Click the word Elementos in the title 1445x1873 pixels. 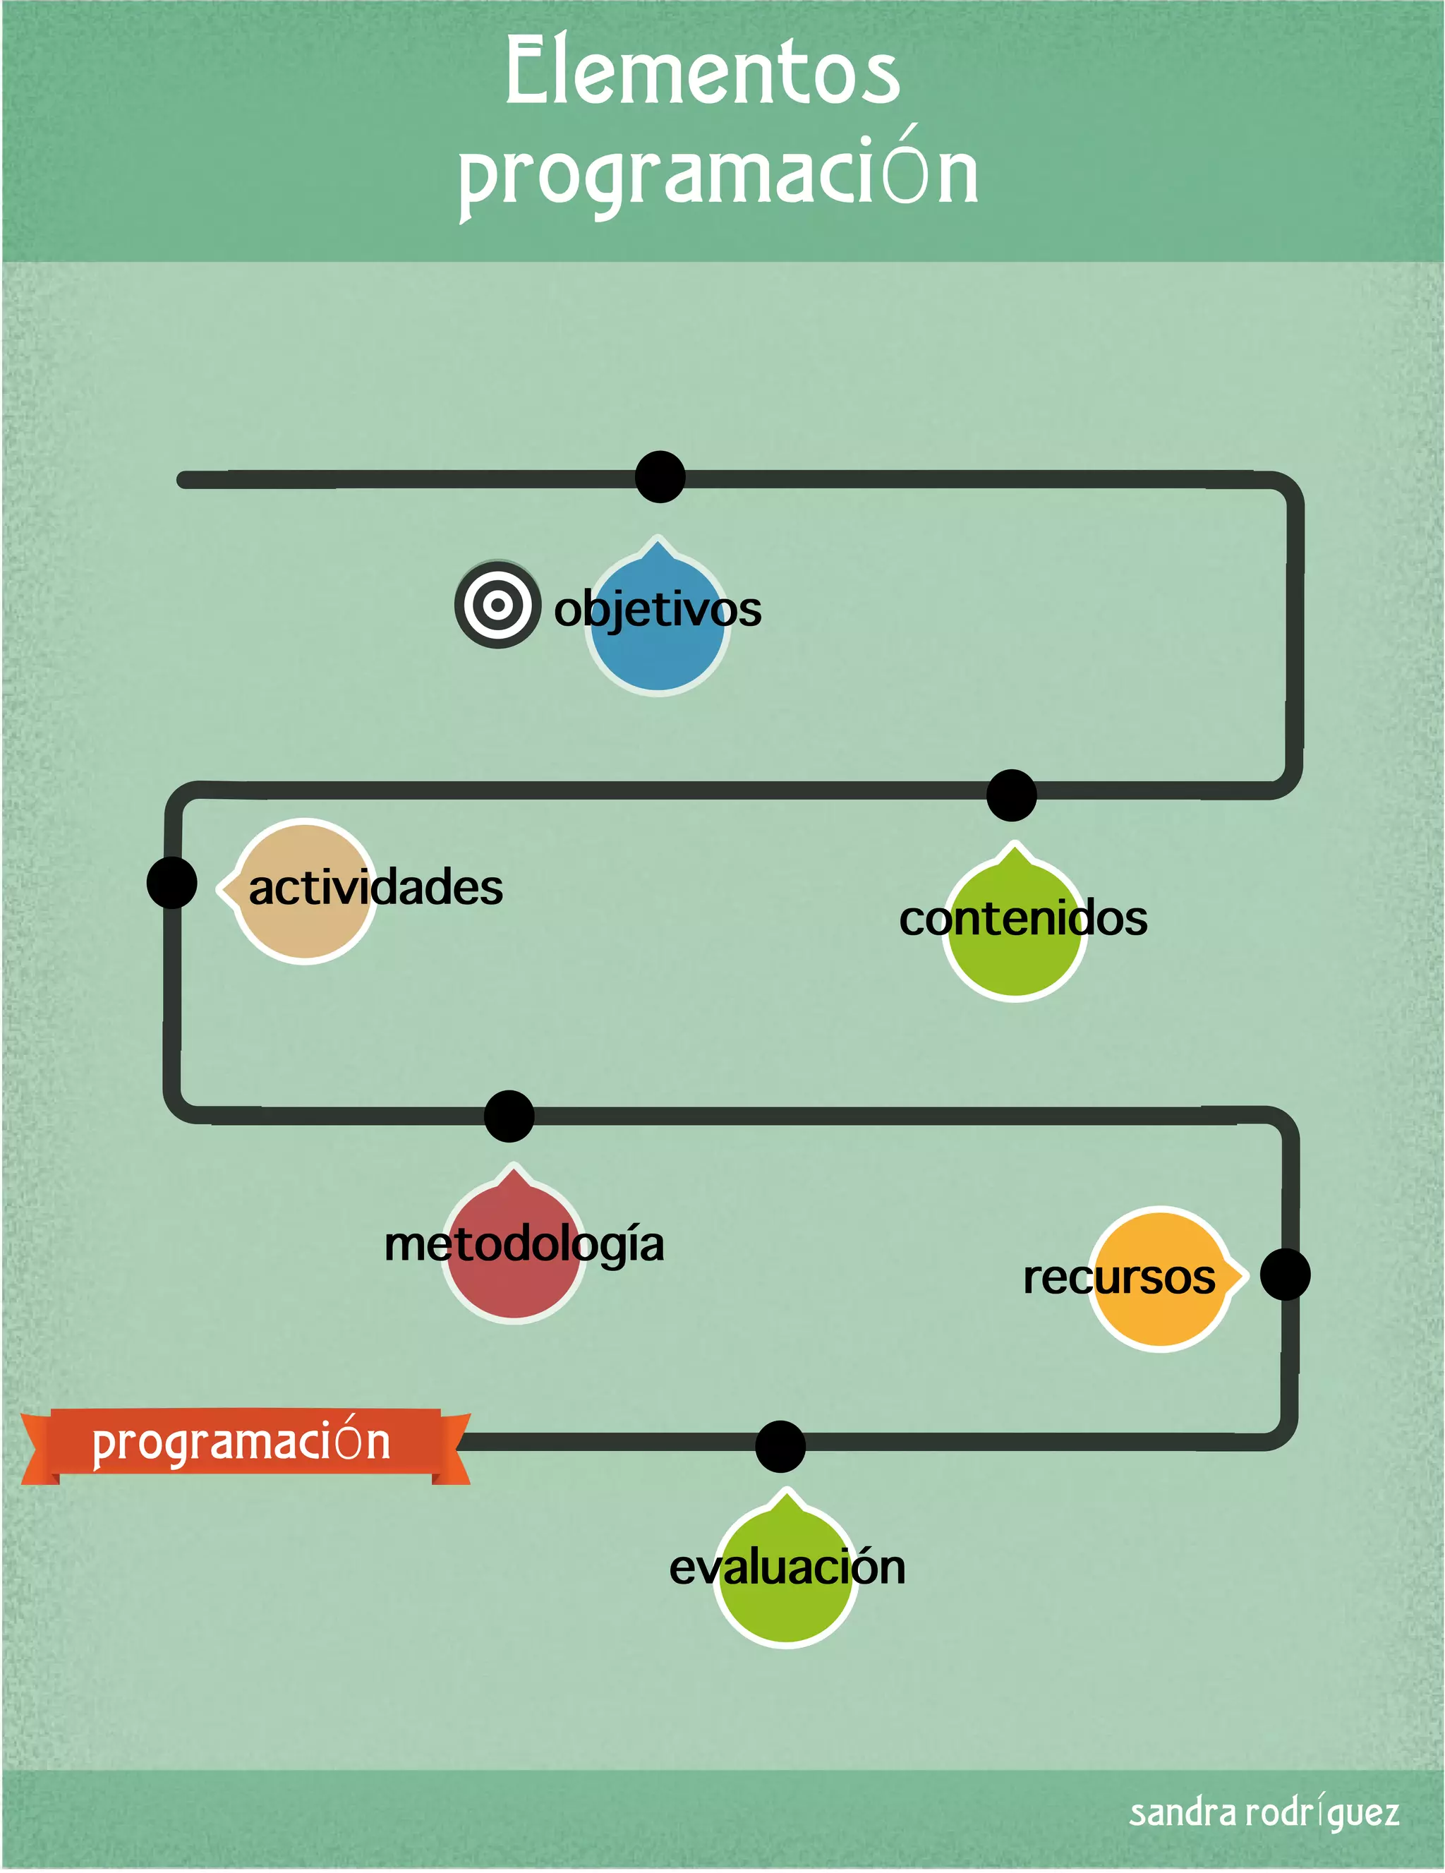(x=702, y=73)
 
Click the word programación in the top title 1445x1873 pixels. (x=719, y=173)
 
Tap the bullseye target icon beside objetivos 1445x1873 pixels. (x=497, y=605)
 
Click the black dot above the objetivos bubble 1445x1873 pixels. (x=660, y=477)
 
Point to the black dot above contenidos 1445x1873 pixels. (x=1012, y=795)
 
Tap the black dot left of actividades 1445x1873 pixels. (x=171, y=882)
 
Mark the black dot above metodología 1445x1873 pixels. (x=509, y=1116)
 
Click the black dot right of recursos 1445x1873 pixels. (x=1285, y=1275)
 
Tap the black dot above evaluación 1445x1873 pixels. (x=780, y=1447)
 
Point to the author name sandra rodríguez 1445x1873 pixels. (x=1263, y=1812)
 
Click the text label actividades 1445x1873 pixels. (x=375, y=887)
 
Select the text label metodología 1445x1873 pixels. (x=524, y=1244)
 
